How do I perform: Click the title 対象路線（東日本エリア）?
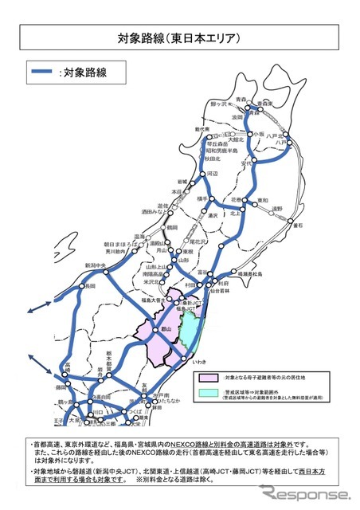[179, 37]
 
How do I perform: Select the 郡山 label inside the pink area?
[166, 326]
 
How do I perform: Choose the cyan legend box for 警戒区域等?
[209, 393]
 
